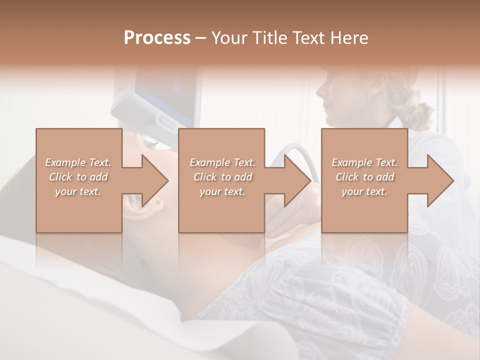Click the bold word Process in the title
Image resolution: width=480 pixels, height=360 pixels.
(x=157, y=38)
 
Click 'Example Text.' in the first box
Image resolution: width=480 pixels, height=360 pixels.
(x=78, y=162)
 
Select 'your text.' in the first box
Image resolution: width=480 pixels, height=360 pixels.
(x=78, y=191)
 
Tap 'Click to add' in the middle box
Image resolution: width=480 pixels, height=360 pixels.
(x=222, y=177)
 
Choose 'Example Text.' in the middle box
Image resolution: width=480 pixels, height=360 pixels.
(x=222, y=162)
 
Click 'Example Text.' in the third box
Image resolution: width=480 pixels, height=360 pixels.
(x=364, y=162)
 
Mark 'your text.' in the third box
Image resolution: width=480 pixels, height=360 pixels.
(x=364, y=191)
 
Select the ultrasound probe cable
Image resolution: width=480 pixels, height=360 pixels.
(x=295, y=150)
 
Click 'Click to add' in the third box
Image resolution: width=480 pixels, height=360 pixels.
(x=364, y=177)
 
